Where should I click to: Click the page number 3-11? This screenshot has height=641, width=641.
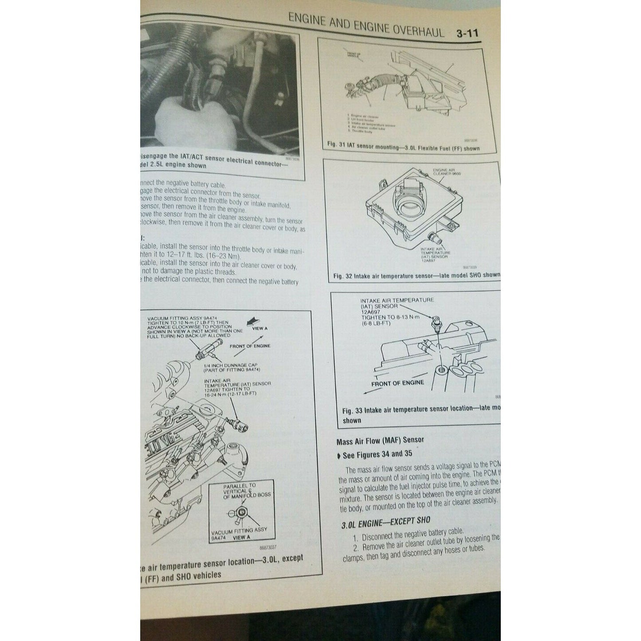[x=467, y=34]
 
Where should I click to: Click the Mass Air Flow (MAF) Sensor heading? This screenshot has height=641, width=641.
[x=380, y=440]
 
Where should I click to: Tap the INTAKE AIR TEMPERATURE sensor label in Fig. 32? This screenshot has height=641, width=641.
[x=434, y=253]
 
